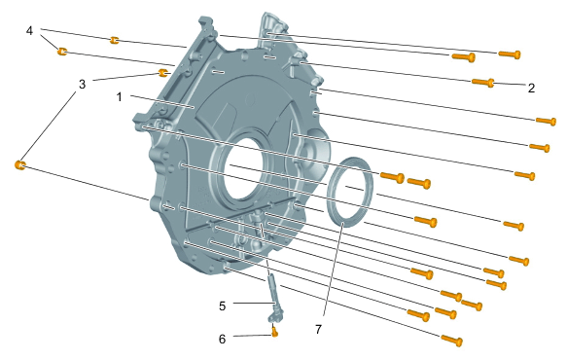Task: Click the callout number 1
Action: [120, 97]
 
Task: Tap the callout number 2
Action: [531, 88]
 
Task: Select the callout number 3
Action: [82, 85]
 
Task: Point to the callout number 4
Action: [29, 31]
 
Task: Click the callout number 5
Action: [222, 306]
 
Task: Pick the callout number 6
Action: [222, 339]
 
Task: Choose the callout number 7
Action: [318, 329]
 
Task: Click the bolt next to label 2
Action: [483, 83]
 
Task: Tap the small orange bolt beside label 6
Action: [275, 332]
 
